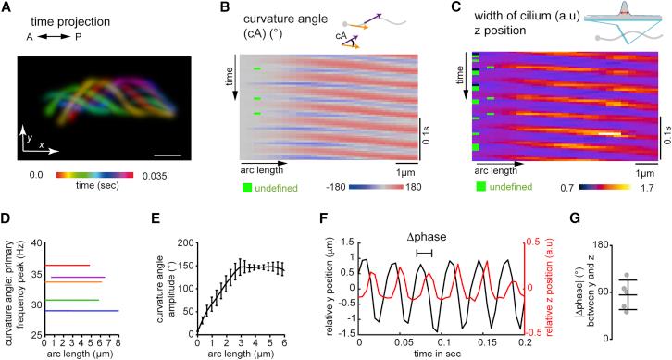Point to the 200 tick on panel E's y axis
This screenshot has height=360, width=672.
click(182, 243)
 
